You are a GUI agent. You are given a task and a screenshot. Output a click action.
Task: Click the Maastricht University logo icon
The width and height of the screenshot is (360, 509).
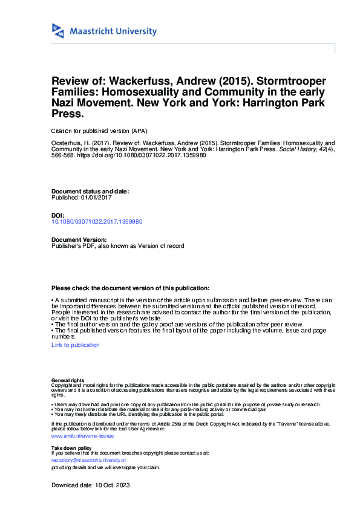[59, 31]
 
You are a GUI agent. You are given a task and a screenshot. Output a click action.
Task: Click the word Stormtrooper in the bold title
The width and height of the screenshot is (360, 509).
[289, 81]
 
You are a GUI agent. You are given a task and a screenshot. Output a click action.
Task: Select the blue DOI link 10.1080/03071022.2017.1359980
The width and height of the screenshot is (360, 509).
[97, 222]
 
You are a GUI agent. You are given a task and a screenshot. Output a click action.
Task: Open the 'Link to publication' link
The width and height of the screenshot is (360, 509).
[76, 345]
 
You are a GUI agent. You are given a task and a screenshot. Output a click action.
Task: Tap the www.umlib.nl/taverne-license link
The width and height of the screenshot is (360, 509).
[82, 435]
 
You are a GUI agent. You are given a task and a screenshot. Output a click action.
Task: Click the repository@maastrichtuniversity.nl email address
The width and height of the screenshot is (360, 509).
[88, 460]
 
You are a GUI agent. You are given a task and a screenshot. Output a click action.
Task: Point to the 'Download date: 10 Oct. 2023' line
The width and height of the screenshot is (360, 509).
[91, 485]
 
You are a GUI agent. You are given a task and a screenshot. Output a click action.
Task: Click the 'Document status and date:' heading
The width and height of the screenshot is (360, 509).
[90, 191]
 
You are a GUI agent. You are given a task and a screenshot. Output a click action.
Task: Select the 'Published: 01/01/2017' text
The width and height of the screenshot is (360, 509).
[82, 198]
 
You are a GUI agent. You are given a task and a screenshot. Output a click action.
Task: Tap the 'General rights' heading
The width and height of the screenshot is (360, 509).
[68, 380]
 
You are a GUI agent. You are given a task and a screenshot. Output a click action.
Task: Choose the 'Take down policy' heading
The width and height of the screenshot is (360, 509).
[72, 447]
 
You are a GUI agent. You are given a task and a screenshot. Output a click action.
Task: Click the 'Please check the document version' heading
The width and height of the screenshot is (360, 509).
[131, 288]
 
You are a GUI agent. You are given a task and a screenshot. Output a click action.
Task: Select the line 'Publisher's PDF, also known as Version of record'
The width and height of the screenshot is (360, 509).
[118, 246]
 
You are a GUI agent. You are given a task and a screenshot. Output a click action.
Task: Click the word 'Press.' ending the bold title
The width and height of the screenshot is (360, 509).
[67, 113]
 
